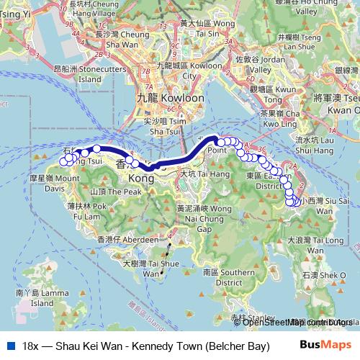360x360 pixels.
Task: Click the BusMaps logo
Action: (x=325, y=346)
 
